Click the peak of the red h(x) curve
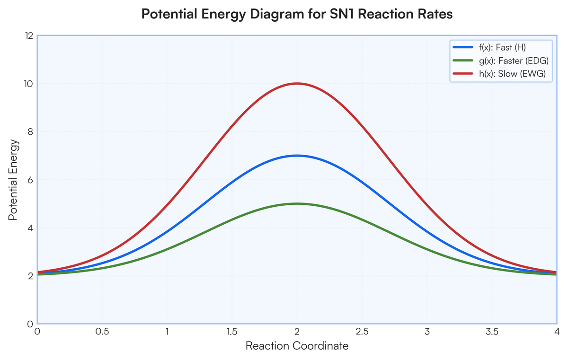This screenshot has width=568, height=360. click(x=297, y=83)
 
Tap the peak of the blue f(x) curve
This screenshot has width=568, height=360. click(x=297, y=156)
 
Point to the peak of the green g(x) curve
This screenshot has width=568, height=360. click(x=297, y=204)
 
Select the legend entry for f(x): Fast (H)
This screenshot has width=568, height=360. click(x=489, y=47)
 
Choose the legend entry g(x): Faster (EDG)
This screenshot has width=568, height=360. click(x=501, y=61)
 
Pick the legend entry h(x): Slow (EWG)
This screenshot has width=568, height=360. click(x=499, y=74)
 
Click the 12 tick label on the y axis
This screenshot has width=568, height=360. click(x=29, y=36)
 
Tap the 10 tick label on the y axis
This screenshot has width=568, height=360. click(x=29, y=84)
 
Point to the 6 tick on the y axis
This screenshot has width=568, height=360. click(x=30, y=180)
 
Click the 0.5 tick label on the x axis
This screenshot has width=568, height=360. click(x=102, y=332)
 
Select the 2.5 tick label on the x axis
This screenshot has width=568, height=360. click(x=362, y=332)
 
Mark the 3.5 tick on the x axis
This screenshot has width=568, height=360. click(x=492, y=332)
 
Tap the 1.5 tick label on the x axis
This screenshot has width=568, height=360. click(x=232, y=332)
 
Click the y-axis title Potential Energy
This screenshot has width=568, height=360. click(x=13, y=180)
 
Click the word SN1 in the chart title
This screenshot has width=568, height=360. click(x=342, y=14)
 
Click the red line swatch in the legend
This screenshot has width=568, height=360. click(x=463, y=74)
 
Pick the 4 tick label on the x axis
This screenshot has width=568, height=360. click(x=557, y=332)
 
